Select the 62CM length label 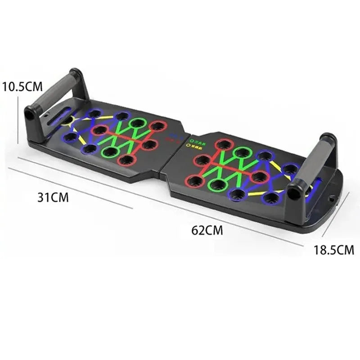point(207,230)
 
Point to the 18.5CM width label point(334,250)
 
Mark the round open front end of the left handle point(30,114)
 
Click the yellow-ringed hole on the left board point(67,120)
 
